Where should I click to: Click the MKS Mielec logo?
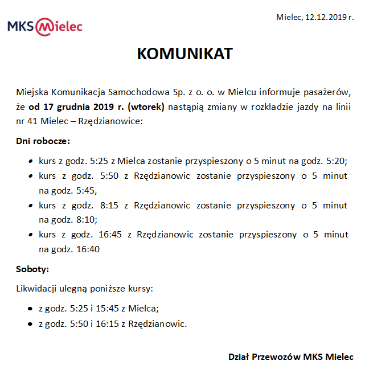[45, 26]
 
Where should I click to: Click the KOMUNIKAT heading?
[185, 54]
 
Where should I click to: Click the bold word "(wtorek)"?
[146, 106]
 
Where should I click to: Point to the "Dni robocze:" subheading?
[43, 141]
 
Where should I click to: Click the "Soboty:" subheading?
[32, 269]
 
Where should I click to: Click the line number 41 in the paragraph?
[43, 121]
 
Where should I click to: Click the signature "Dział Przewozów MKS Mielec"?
[290, 357]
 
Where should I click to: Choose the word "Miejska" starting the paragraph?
[32, 92]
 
